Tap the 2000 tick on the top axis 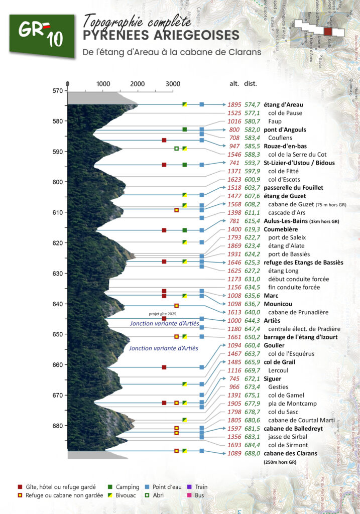[x=137, y=84]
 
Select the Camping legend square [x=110, y=487]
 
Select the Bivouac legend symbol [x=110, y=495]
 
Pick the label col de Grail [x=281, y=362]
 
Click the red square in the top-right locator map [x=328, y=31]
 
